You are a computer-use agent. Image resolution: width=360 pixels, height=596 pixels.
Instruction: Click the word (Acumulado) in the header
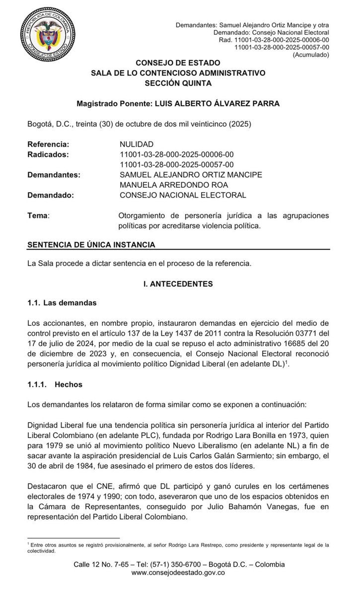coord(311,55)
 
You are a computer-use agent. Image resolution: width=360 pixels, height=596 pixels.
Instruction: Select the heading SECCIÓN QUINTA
coord(178,83)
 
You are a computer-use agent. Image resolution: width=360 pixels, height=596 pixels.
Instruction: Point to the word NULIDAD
coord(137,144)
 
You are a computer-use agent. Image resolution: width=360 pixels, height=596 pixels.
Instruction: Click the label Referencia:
coord(48,144)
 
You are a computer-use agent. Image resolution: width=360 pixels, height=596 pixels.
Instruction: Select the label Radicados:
coord(48,154)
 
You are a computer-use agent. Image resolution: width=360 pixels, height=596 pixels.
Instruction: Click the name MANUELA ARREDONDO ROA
coord(167,185)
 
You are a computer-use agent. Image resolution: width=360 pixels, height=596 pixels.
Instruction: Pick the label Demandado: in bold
coord(51,195)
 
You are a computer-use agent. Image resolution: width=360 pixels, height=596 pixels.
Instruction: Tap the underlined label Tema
coord(38,216)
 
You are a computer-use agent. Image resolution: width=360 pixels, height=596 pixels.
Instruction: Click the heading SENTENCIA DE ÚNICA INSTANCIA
coord(91,245)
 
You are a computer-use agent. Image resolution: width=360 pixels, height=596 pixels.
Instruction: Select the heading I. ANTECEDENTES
coord(178,284)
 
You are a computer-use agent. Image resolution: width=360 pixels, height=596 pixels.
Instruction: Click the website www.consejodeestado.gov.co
coord(178,573)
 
